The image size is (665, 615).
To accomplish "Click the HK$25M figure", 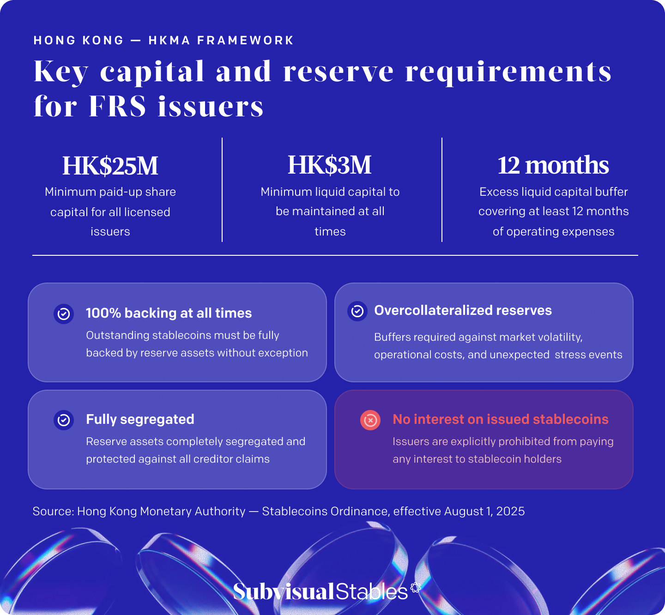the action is point(110,165).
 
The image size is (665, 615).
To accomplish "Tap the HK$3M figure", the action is point(330,165).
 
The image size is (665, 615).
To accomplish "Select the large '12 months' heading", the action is point(553,165).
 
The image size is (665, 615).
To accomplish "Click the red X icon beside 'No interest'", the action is point(370,420).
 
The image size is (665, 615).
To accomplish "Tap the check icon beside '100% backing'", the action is point(64,314).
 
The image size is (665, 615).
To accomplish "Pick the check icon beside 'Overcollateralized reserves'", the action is point(357,311).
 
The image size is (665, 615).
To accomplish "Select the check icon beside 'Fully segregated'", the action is point(64,420).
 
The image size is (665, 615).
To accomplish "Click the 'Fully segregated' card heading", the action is point(140,420).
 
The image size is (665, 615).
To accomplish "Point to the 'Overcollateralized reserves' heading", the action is point(463,310).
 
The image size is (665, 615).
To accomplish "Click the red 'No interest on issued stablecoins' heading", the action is point(500,419).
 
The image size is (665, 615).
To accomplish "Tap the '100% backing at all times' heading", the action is point(169,313).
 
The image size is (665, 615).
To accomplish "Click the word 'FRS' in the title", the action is point(117,106).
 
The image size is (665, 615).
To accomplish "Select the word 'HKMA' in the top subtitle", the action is point(169,40).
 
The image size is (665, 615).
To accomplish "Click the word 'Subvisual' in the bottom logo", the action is point(283,591).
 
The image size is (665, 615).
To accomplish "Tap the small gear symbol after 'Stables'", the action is point(416,587).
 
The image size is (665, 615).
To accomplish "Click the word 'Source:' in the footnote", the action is point(53,511).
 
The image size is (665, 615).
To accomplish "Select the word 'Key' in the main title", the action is point(61,72).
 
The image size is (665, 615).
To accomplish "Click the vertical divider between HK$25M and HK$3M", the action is point(222,189).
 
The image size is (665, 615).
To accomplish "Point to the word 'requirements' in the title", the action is point(508,72).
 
